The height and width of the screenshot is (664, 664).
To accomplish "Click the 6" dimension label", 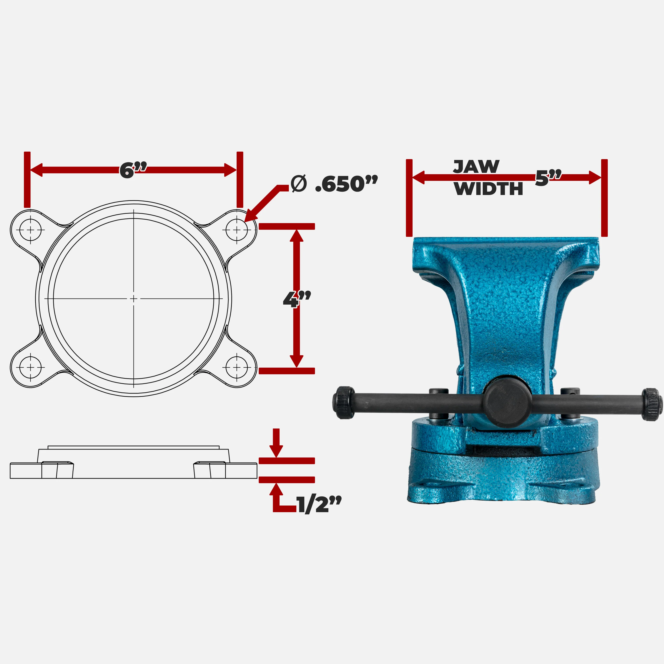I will (x=133, y=170).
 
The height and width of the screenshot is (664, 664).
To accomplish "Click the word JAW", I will (x=476, y=167).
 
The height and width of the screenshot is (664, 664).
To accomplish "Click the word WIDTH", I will (x=488, y=189).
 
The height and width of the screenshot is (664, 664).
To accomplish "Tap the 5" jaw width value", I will (x=548, y=178).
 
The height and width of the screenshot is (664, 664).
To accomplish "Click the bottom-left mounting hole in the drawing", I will (x=31, y=367).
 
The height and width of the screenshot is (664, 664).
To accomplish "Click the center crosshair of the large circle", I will (x=134, y=299).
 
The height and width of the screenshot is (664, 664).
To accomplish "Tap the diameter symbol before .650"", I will (x=298, y=184).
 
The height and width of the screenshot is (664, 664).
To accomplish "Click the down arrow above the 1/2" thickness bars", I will (x=276, y=443).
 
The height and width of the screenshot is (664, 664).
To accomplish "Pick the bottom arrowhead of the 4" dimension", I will (x=297, y=361).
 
